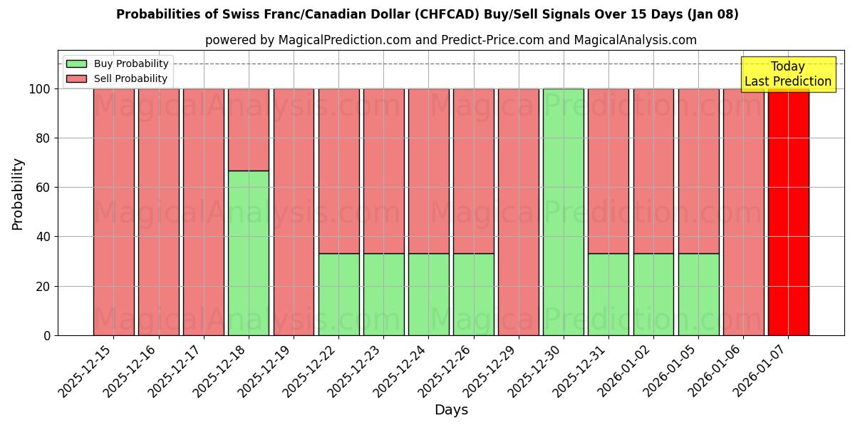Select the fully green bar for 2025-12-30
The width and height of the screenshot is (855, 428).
point(563,212)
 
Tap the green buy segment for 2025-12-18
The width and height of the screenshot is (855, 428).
point(249,253)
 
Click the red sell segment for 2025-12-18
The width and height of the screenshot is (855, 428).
point(249,129)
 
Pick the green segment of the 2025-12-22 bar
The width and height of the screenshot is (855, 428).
point(338,294)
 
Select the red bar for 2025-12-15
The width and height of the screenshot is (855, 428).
point(113,212)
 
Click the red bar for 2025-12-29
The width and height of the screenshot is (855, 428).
point(518,212)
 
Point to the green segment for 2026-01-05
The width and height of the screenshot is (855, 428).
point(698,294)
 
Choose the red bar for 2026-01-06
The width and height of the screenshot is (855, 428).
point(743,212)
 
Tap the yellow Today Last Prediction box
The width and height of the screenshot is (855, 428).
point(787,74)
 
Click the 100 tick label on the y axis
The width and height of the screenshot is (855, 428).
point(41,89)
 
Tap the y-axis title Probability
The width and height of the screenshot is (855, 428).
point(18,194)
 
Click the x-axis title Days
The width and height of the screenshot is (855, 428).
point(451,410)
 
